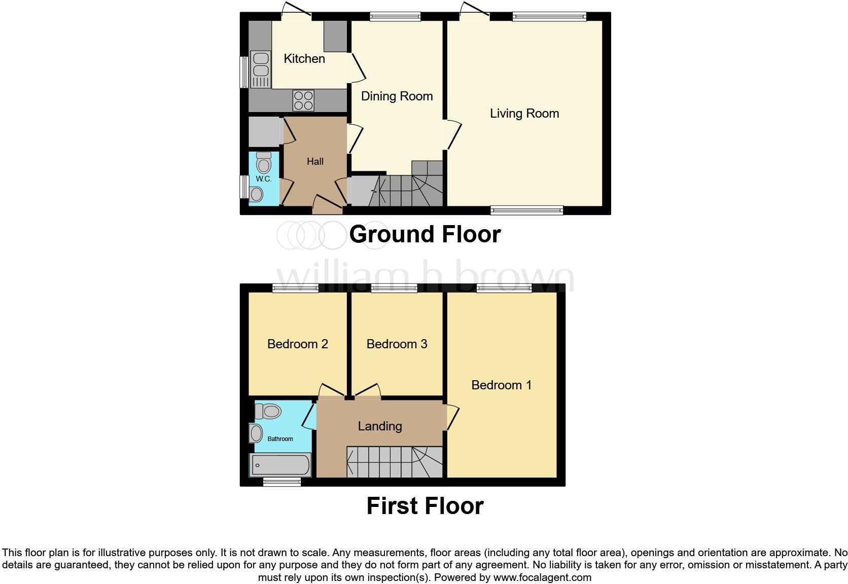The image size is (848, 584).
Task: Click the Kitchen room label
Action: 304,59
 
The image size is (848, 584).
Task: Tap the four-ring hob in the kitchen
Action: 303,100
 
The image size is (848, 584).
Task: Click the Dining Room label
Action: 397,96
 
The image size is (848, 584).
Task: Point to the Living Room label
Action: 524,114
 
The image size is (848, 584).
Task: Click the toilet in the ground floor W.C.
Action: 264,162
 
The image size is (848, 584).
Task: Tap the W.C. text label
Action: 263,179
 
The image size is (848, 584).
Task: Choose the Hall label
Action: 315,162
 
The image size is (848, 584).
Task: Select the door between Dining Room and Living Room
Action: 453,135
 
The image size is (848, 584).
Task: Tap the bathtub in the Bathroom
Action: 279,464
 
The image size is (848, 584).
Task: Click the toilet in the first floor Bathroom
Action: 268,411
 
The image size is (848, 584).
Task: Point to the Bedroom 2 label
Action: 298,344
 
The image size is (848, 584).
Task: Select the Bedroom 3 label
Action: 397,344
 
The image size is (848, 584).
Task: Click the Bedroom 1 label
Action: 501,385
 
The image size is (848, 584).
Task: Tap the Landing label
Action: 380,426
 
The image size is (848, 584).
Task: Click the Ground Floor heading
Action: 425,234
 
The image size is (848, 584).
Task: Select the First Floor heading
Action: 425,506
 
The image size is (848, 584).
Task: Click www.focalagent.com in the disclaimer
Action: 542,577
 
